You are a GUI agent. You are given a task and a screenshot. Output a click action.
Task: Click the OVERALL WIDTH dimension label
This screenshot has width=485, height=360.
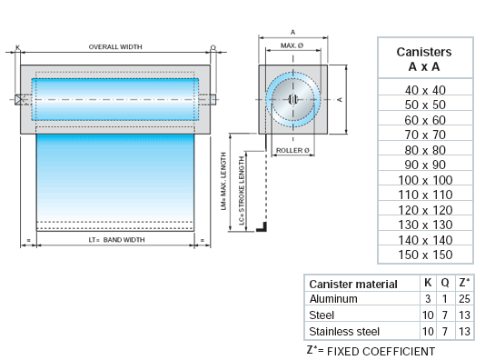tap(115, 46)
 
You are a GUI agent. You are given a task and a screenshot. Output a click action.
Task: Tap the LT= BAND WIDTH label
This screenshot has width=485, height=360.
tap(116, 240)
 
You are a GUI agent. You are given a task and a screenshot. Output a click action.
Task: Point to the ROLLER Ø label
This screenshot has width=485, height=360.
tap(292, 150)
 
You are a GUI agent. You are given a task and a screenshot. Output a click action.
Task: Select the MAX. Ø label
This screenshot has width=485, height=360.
tap(292, 45)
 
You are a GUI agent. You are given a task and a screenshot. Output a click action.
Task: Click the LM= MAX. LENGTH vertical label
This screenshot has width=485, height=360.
tap(224, 181)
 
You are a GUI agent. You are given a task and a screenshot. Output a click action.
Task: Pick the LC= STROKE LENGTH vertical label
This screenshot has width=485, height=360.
tap(242, 190)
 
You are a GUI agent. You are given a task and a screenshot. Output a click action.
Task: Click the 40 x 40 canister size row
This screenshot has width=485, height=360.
tap(425, 90)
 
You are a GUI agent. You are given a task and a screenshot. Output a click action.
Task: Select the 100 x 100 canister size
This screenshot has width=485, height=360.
tap(425, 180)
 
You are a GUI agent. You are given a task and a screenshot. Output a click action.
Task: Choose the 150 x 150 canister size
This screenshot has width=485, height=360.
tap(425, 255)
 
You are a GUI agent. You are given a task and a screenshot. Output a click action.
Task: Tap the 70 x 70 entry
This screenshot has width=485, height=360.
tap(425, 135)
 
